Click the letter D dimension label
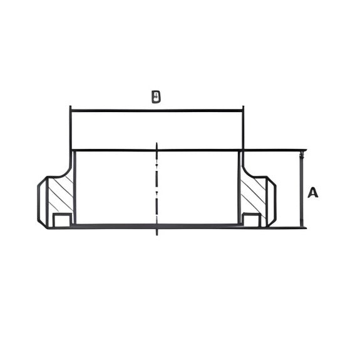click(x=156, y=97)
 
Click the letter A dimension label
click(x=312, y=193)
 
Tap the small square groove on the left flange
click(x=61, y=219)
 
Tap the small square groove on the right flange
click(x=251, y=219)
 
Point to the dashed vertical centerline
click(x=157, y=188)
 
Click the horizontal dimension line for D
click(x=157, y=111)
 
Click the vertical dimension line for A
click(x=302, y=188)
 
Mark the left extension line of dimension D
click(x=70, y=128)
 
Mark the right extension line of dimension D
click(x=243, y=128)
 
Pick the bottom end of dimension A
click(x=302, y=225)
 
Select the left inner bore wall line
click(x=75, y=188)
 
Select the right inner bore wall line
click(x=239, y=188)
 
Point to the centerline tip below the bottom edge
click(x=157, y=234)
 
